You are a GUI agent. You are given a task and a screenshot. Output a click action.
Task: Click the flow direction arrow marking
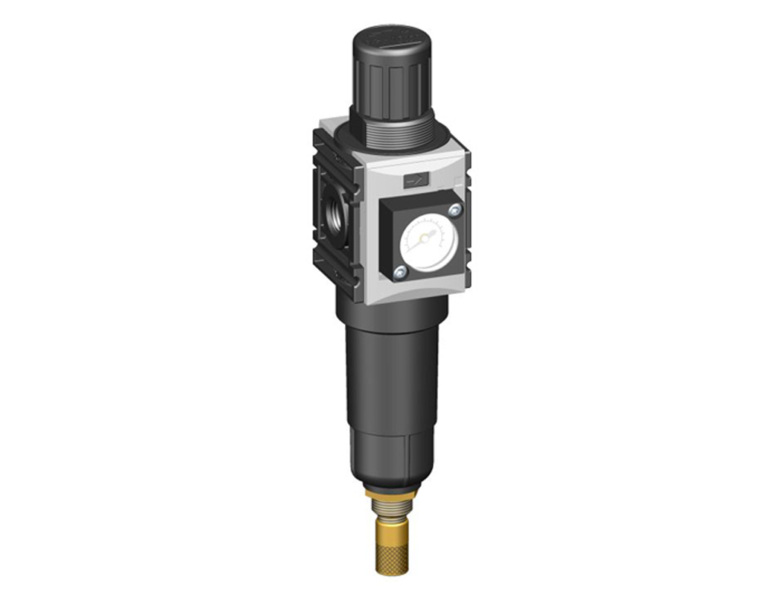click(x=416, y=179)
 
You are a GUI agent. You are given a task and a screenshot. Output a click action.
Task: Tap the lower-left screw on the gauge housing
click(x=400, y=273)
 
